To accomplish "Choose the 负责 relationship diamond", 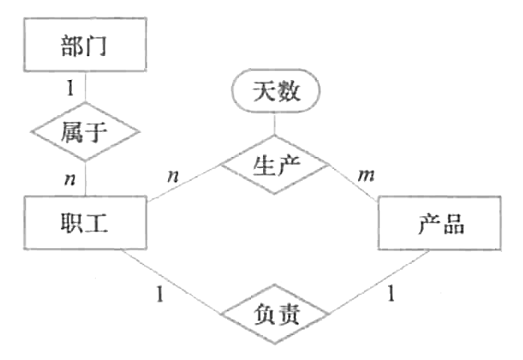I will coord(274,314).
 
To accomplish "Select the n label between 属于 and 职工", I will coord(70,177).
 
